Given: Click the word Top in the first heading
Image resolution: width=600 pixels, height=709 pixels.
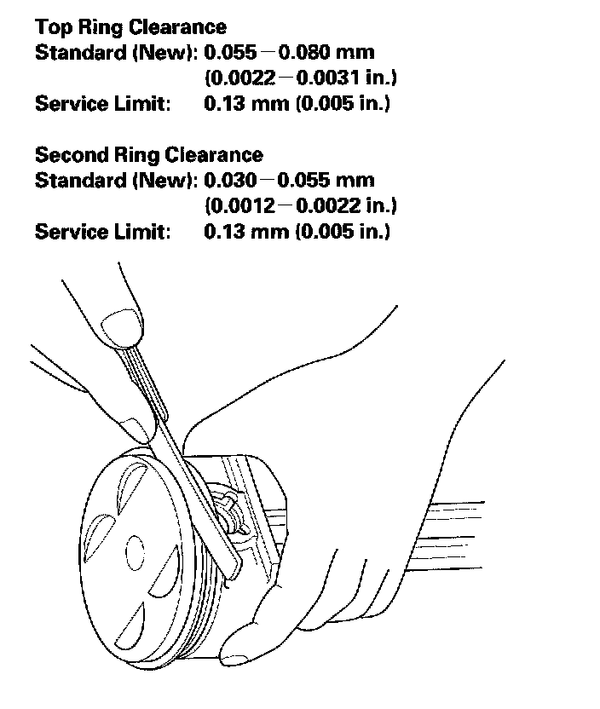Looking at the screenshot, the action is point(51,27).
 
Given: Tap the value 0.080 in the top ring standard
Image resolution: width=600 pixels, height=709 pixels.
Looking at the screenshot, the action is point(321,53).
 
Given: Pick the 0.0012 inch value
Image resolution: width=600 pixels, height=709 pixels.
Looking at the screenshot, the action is point(241,206).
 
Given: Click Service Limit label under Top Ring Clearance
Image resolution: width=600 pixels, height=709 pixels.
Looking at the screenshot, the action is point(101,104).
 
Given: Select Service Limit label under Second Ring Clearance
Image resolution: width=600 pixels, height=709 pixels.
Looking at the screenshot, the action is point(101,232).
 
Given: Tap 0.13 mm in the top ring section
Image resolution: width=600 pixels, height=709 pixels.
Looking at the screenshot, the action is point(245,104).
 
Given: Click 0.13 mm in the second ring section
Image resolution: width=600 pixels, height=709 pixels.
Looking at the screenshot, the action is point(245,232).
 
